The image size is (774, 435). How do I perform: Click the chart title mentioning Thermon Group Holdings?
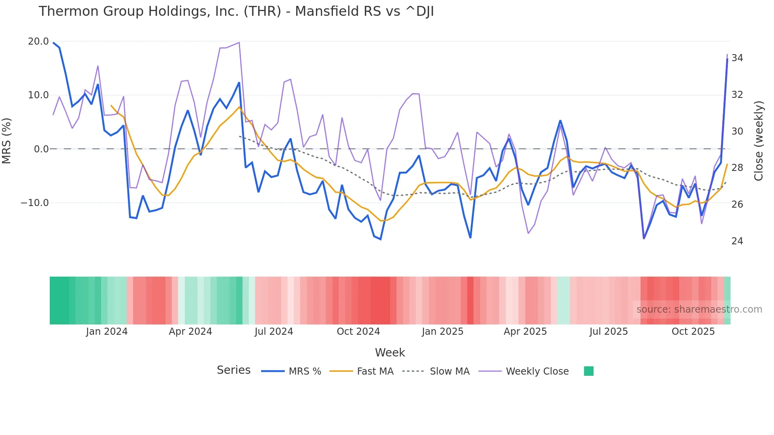pos(236,11)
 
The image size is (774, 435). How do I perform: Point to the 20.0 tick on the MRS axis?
pos(38,41)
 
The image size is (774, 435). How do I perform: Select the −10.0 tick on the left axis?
pos(35,203)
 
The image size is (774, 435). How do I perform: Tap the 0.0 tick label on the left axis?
pos(41,149)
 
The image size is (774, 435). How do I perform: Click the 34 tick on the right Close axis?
pos(737,58)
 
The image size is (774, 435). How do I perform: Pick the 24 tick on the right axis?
pos(737,241)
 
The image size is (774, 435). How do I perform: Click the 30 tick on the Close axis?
pos(737,131)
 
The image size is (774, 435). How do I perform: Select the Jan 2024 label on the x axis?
pos(107,332)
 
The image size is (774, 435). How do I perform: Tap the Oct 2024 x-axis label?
pos(358,332)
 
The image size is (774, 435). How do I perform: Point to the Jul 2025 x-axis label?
pos(609,332)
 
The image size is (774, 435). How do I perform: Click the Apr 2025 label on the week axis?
pos(525,332)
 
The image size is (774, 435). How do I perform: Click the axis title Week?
pos(390,352)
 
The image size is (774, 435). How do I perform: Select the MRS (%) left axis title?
pos(7,141)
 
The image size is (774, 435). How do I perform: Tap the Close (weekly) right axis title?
pos(758,141)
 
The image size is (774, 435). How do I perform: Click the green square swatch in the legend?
pos(588,371)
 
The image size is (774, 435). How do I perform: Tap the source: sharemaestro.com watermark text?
pos(699,309)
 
